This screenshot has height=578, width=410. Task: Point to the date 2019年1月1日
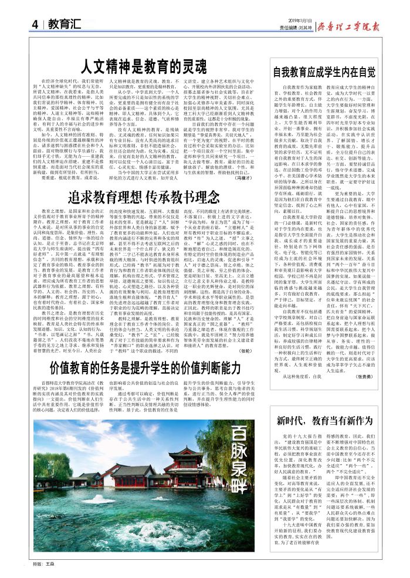coord(292,19)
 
